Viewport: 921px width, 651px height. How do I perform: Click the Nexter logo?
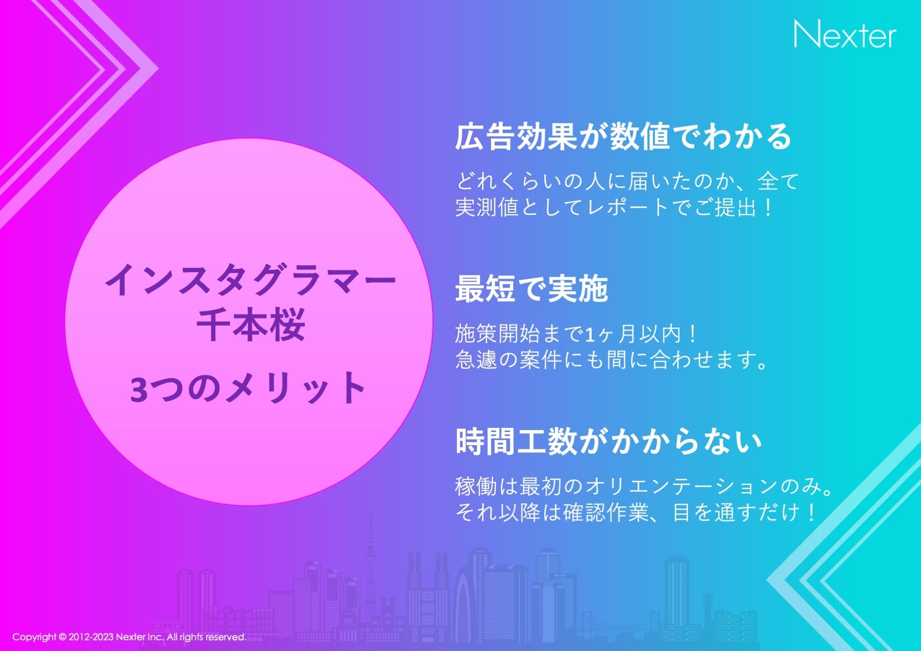click(844, 34)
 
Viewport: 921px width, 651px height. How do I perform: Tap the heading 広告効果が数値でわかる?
click(623, 137)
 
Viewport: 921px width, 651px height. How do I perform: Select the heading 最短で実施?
click(532, 289)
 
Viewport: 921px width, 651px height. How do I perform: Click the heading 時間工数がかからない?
click(608, 441)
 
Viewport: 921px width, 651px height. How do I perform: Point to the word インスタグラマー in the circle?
click(250, 280)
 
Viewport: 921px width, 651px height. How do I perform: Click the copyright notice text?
click(129, 637)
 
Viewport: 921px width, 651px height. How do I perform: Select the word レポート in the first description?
click(627, 207)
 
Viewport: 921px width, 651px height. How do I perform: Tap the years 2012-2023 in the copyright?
click(91, 637)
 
